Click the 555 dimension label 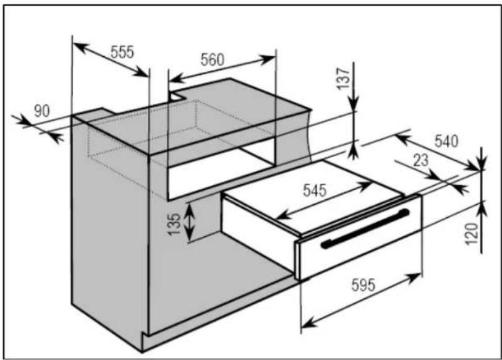pos(122,52)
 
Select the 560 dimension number pos(213,60)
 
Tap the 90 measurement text pos(42,111)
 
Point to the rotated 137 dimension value pos(343,79)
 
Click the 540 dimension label pos(446,141)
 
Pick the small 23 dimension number pos(420,160)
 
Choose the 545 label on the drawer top pos(315,191)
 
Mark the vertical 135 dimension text pos(175,224)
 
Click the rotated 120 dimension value pos(472,234)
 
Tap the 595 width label pos(363,285)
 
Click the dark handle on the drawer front pos(365,229)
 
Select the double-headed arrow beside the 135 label pos(190,222)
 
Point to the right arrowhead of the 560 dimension pos(268,59)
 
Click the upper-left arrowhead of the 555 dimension pos(80,48)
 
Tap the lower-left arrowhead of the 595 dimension pos(308,323)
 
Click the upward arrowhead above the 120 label pos(482,208)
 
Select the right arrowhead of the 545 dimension pos(365,186)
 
